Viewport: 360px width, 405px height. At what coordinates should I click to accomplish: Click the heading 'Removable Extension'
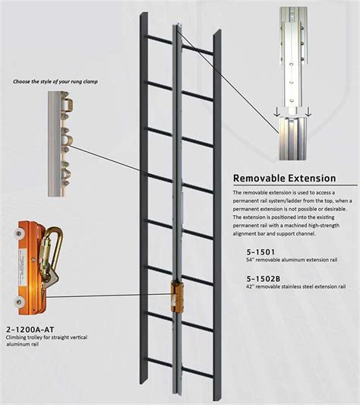point(283,179)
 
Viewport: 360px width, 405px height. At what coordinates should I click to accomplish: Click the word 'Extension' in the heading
point(314,179)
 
